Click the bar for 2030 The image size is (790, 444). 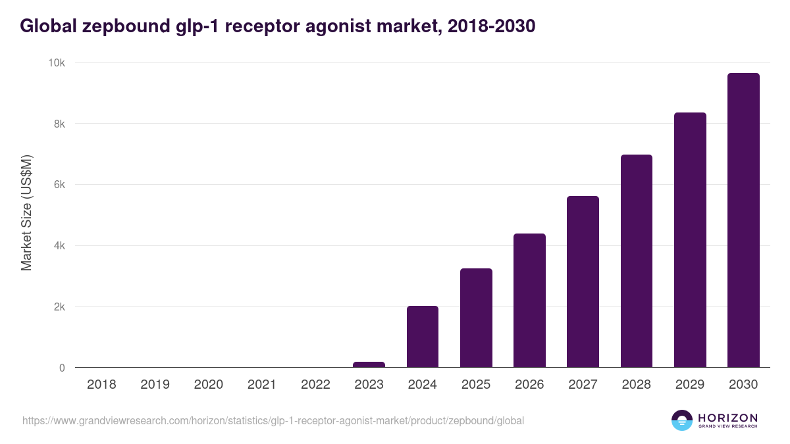[x=743, y=220]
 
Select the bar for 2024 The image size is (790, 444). [x=423, y=337]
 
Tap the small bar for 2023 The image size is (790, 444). [x=369, y=364]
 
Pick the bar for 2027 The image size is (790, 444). [x=583, y=282]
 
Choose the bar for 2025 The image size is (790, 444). [x=476, y=318]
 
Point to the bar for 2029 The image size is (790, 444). [x=690, y=240]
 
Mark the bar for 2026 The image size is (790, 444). [x=529, y=301]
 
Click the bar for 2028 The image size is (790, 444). [x=637, y=261]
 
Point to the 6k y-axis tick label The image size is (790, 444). [x=59, y=185]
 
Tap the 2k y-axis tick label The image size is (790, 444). [x=59, y=307]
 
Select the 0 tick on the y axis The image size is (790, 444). [x=62, y=368]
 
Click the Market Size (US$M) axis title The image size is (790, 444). [x=26, y=213]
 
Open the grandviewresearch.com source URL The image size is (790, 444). [x=273, y=420]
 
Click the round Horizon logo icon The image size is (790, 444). [x=681, y=420]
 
